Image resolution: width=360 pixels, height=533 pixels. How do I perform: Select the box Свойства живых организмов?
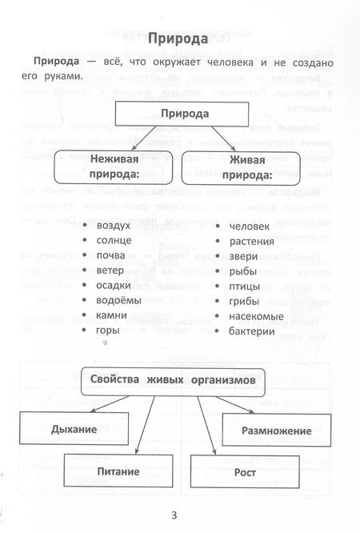(x=173, y=383)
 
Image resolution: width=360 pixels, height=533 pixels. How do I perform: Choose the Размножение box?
(x=277, y=431)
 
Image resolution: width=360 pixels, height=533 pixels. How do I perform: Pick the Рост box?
(x=242, y=472)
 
